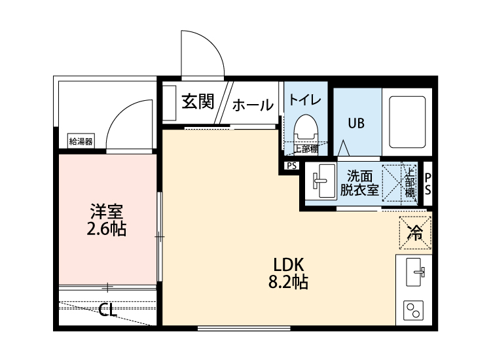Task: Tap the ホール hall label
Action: click(x=253, y=105)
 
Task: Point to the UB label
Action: click(x=356, y=122)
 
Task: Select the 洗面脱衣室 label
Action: click(x=359, y=183)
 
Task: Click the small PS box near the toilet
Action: click(x=291, y=166)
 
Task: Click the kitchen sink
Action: click(x=414, y=272)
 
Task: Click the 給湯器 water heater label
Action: click(x=81, y=141)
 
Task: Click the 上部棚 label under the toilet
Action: click(x=305, y=148)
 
